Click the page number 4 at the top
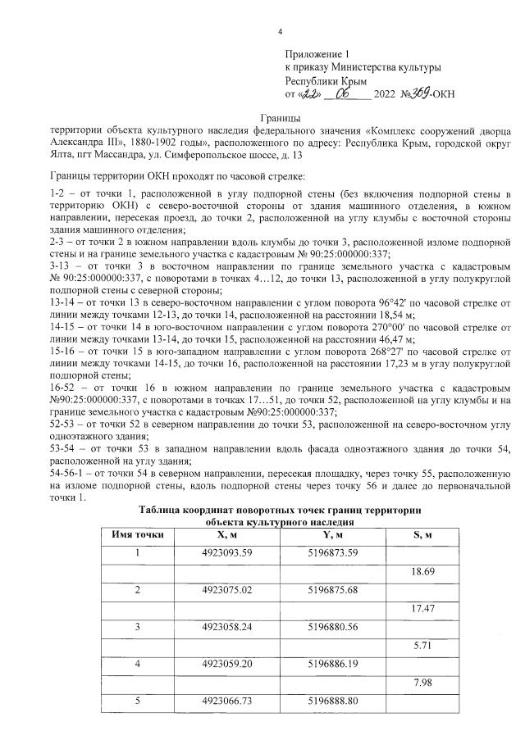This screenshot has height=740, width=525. (x=280, y=32)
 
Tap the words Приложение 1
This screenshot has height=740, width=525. (x=316, y=52)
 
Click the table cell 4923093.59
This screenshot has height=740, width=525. (x=226, y=552)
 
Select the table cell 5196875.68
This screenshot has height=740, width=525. (x=333, y=590)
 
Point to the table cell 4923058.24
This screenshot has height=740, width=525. (x=226, y=628)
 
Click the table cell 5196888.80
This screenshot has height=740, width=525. (x=333, y=702)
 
